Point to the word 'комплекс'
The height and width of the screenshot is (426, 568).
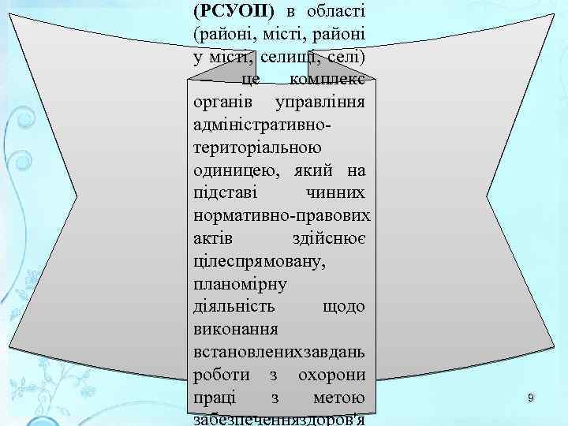(x=331, y=80)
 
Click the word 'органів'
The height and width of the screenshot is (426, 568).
(x=222, y=103)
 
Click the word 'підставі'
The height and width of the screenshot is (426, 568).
(x=226, y=192)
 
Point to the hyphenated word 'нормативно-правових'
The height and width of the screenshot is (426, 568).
(x=282, y=215)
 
